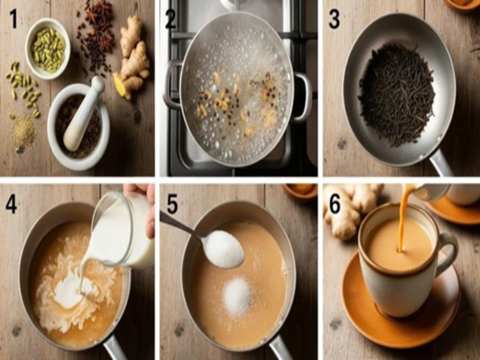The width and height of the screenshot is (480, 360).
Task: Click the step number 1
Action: point(13,19)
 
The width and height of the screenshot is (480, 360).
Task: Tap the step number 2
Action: point(171,20)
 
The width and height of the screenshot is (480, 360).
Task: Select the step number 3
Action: point(334,19)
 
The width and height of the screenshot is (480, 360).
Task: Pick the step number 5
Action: point(172,204)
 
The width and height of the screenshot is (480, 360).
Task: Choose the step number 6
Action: point(335,204)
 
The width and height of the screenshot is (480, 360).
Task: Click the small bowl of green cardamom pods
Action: point(48,49)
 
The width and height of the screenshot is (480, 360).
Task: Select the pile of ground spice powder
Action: point(23,132)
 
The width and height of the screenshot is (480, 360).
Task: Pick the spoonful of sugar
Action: point(224,249)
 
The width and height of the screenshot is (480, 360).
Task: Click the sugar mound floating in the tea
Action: point(237,297)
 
